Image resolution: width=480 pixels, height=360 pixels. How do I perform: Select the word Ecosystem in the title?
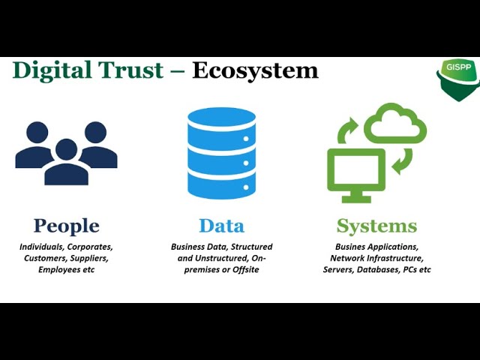pos(255,70)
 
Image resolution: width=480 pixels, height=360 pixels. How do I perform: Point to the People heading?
pos(66,226)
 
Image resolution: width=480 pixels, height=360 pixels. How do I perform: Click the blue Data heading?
pos(221,226)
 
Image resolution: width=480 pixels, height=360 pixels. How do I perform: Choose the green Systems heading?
pos(376,226)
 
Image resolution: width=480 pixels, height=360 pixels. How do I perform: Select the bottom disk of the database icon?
pos(221,184)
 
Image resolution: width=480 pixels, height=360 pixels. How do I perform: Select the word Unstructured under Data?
pos(218,258)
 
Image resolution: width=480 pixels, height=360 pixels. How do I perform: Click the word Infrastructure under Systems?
pos(397,258)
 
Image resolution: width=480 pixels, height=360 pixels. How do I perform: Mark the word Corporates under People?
pos(89,247)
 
